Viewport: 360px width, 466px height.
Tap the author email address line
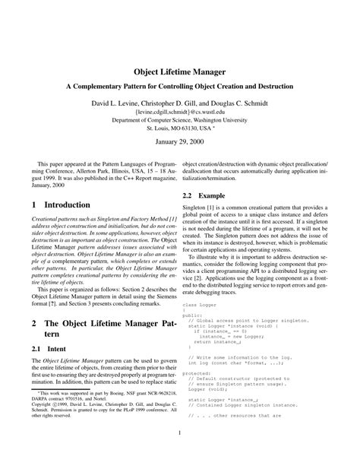point(180,111)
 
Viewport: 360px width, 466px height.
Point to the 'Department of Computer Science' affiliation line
point(180,119)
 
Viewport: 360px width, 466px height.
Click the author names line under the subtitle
point(180,101)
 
